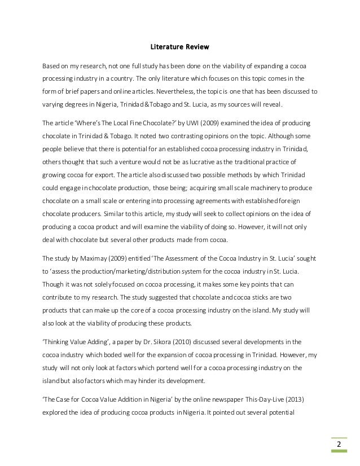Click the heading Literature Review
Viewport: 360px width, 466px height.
(179, 46)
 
